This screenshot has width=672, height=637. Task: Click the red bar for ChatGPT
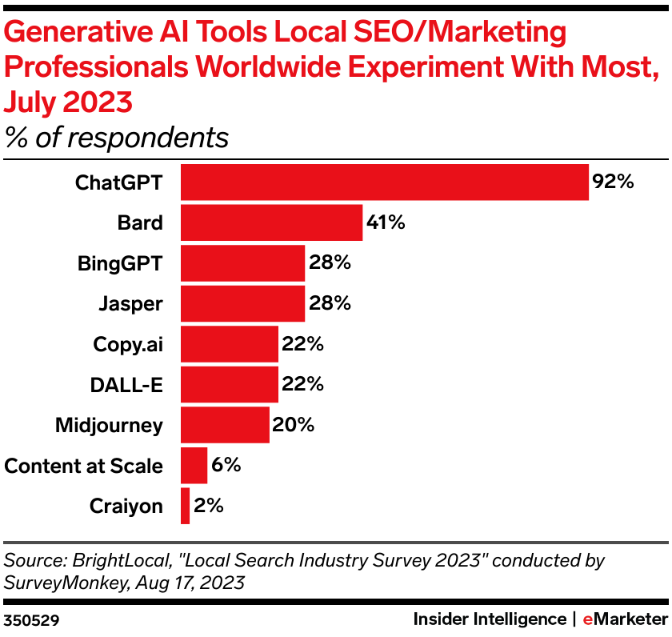point(384,182)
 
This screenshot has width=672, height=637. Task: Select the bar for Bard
point(271,222)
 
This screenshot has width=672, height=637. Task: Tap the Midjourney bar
point(225,425)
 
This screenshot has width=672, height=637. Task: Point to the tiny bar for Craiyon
point(185,506)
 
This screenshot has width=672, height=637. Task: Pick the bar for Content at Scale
point(194,466)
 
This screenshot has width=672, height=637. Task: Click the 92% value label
point(613,182)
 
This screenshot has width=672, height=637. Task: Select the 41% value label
point(386,222)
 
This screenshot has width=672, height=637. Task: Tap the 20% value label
point(293,425)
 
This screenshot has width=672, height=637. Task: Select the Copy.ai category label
point(128,344)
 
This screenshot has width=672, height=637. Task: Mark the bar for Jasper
point(242,304)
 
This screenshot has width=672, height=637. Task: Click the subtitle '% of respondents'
point(117,138)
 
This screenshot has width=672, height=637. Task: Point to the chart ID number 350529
point(31,619)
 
